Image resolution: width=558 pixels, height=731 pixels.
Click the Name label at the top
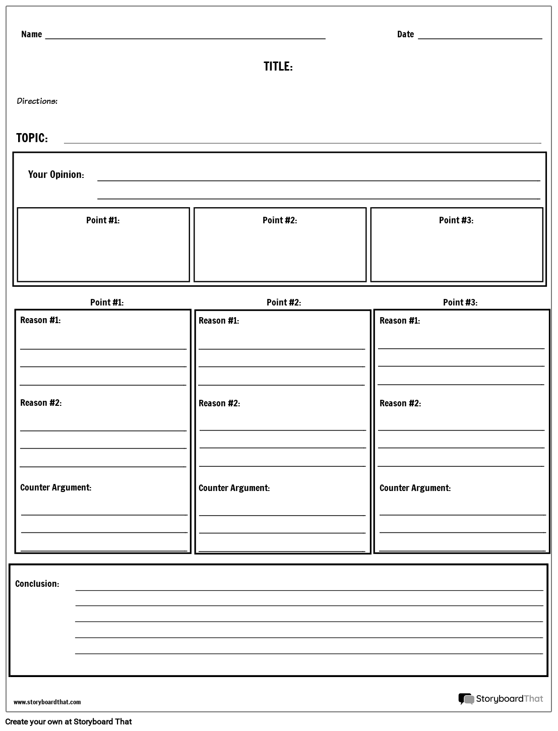[x=31, y=34]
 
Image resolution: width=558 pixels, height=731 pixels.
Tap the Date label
[x=405, y=34]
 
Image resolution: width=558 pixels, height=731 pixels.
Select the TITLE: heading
[x=278, y=67]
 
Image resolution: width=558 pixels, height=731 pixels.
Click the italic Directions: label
[x=37, y=101]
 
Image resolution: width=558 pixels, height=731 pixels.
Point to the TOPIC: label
[x=32, y=138]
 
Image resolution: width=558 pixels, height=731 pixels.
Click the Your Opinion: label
[x=56, y=174]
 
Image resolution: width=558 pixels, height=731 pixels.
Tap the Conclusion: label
[x=37, y=584]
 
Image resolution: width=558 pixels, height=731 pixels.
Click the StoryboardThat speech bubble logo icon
[x=466, y=699]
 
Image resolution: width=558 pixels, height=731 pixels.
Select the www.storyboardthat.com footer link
[x=47, y=702]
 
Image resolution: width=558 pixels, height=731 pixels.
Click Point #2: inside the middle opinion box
[x=280, y=220]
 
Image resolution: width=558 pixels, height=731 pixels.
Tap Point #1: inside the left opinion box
[x=103, y=220]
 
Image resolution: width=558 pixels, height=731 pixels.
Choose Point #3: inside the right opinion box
[x=456, y=220]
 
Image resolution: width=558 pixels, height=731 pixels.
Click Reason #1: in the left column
[x=40, y=320]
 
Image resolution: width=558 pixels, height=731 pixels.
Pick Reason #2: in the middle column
[x=219, y=403]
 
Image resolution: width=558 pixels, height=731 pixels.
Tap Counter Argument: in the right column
[x=415, y=488]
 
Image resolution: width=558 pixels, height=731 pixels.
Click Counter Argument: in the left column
[x=55, y=488]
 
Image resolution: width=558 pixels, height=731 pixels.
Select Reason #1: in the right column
[x=400, y=321]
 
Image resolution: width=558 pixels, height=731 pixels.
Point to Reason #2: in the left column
[x=41, y=403]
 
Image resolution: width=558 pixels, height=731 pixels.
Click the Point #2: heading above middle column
[x=284, y=302]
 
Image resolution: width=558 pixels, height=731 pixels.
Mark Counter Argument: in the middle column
[x=234, y=488]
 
